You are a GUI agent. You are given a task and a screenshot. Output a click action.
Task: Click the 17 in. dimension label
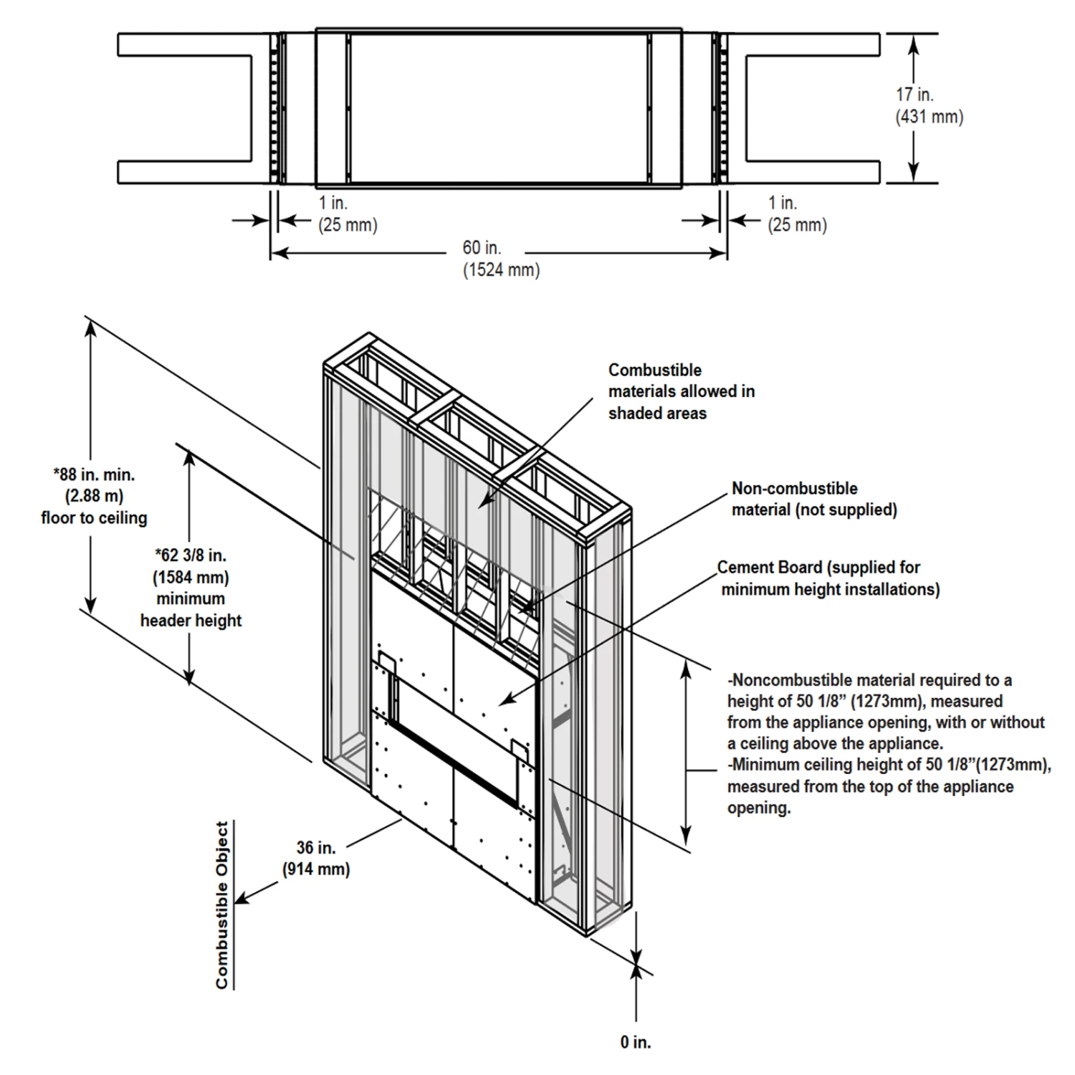pyautogui.click(x=914, y=94)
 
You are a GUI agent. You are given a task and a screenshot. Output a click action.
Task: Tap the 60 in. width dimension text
pyautogui.click(x=482, y=248)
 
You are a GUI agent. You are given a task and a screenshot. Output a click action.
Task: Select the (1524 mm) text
pyautogui.click(x=501, y=270)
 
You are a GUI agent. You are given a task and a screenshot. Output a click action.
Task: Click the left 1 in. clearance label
pyautogui.click(x=333, y=203)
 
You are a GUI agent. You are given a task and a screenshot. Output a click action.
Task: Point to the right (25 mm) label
pyautogui.click(x=797, y=225)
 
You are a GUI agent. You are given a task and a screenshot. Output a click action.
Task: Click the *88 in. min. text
pyautogui.click(x=94, y=474)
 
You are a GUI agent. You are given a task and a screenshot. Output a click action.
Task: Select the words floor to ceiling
pyautogui.click(x=94, y=518)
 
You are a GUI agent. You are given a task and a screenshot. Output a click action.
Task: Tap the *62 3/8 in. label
pyautogui.click(x=191, y=555)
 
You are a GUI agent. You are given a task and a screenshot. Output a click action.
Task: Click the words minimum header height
pyautogui.click(x=191, y=610)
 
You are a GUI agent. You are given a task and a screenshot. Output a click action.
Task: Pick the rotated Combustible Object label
pyautogui.click(x=222, y=905)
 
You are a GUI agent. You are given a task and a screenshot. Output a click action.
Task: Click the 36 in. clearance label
pyautogui.click(x=316, y=848)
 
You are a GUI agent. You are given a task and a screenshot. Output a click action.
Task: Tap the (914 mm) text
pyautogui.click(x=316, y=870)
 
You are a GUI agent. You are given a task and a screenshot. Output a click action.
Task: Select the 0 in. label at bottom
pyautogui.click(x=636, y=1042)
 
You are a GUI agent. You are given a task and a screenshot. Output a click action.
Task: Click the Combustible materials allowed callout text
pyautogui.click(x=681, y=391)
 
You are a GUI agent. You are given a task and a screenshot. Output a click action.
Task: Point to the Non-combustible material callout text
pyautogui.click(x=813, y=499)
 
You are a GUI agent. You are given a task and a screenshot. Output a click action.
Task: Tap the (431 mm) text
pyautogui.click(x=929, y=117)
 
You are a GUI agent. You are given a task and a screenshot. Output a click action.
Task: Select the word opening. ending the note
pyautogui.click(x=759, y=808)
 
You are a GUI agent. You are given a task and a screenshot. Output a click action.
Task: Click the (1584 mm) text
pyautogui.click(x=191, y=577)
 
